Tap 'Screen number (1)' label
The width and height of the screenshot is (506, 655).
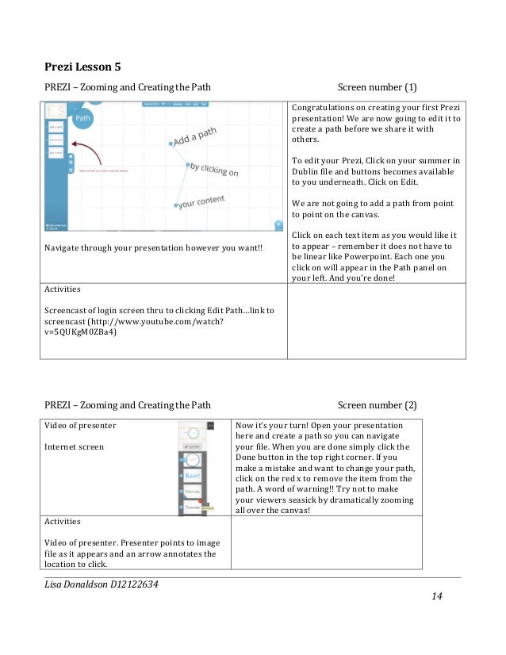[377, 86]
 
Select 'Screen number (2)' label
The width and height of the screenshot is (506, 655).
[377, 404]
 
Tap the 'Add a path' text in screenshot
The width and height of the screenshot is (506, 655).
[194, 140]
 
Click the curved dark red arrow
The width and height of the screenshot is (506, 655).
[86, 151]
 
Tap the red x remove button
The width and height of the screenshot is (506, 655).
[202, 502]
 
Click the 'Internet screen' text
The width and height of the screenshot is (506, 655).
[74, 446]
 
